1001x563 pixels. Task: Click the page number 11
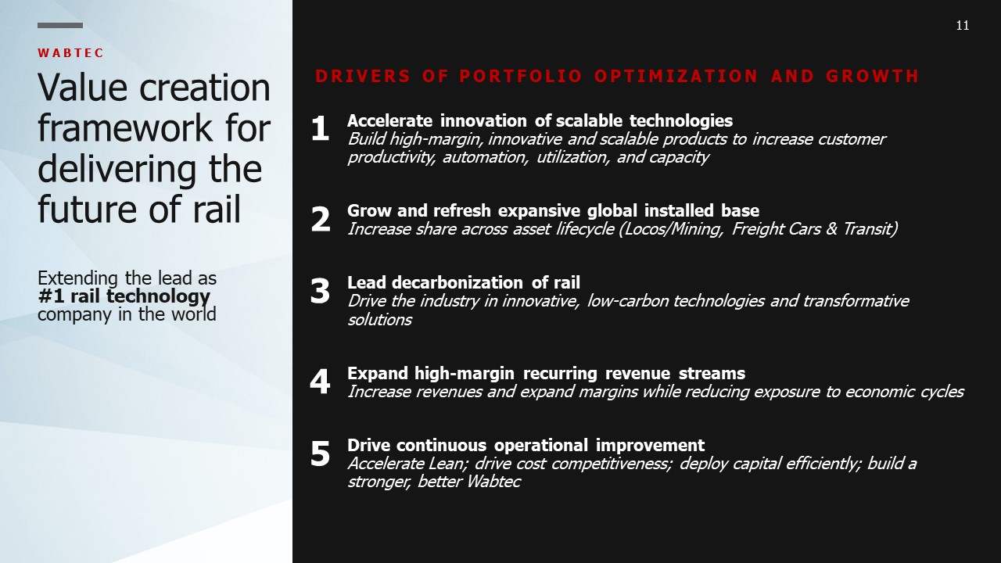click(963, 26)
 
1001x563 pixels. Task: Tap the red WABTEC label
click(70, 53)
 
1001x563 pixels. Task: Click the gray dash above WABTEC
click(60, 26)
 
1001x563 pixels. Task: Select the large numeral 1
click(320, 129)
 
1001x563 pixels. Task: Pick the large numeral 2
click(321, 220)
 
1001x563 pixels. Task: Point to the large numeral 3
click(320, 292)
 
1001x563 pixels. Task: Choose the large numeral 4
click(320, 382)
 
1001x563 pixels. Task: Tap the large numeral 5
click(320, 454)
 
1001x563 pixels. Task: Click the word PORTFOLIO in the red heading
click(521, 76)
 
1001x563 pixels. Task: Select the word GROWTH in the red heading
click(872, 76)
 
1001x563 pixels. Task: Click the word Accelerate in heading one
click(389, 120)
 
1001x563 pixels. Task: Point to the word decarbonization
click(457, 282)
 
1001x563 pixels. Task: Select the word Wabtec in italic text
click(493, 482)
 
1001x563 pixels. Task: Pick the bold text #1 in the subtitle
click(51, 296)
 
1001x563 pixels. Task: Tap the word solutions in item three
click(380, 320)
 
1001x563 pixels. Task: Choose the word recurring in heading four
click(560, 373)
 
